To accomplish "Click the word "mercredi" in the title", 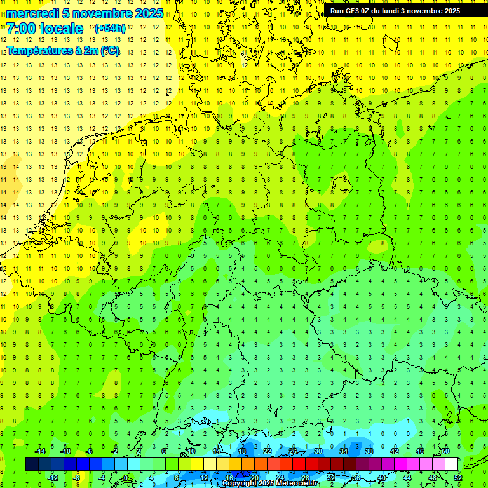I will [x=32, y=13].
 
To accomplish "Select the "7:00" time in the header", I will [x=20, y=29].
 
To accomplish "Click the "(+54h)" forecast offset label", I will [x=109, y=29].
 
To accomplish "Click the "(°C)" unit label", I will [x=109, y=50].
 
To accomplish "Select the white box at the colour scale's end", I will [x=451, y=464].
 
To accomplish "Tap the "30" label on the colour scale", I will [x=318, y=451].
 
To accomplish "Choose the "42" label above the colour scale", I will [x=395, y=451].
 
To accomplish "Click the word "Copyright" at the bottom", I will [x=240, y=484].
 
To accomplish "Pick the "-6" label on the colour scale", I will [x=90, y=451].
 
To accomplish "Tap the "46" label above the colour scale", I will [x=420, y=451].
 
